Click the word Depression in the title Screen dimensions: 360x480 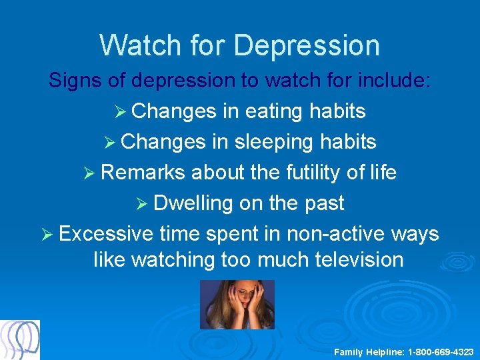(307, 45)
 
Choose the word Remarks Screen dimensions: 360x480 (143, 173)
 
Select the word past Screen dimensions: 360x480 (321, 203)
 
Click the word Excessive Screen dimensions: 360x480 (106, 234)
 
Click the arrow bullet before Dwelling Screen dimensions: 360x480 (141, 204)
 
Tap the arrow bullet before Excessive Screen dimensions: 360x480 (47, 235)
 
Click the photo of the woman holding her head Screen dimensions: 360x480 (237, 305)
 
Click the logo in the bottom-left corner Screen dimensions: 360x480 (20, 340)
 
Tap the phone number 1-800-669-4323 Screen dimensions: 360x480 (441, 351)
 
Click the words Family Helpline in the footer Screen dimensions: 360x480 (369, 351)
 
